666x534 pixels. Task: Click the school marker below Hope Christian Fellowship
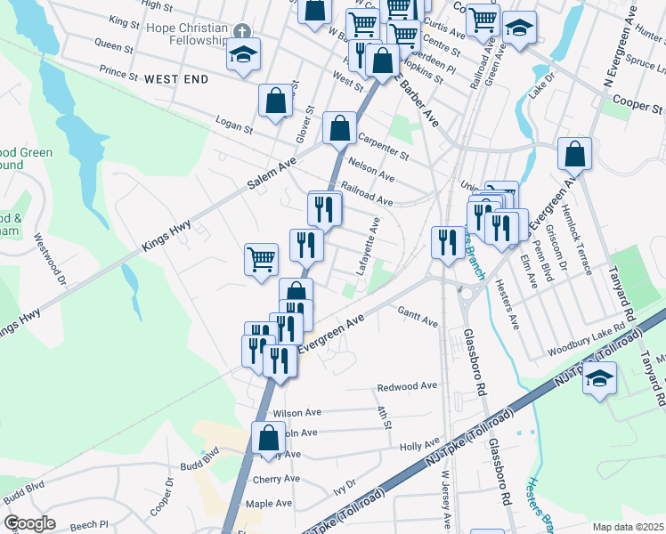pyautogui.click(x=243, y=55)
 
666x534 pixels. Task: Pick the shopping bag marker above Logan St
pyautogui.click(x=276, y=101)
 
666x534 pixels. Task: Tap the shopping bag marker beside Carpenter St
pyautogui.click(x=339, y=128)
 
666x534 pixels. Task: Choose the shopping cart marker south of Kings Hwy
pyautogui.click(x=262, y=260)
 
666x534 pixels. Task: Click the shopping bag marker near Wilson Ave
pyautogui.click(x=268, y=439)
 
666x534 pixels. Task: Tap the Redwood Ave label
pyautogui.click(x=407, y=386)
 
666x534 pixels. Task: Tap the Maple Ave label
pyautogui.click(x=269, y=503)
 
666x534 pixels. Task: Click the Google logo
pyautogui.click(x=29, y=523)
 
